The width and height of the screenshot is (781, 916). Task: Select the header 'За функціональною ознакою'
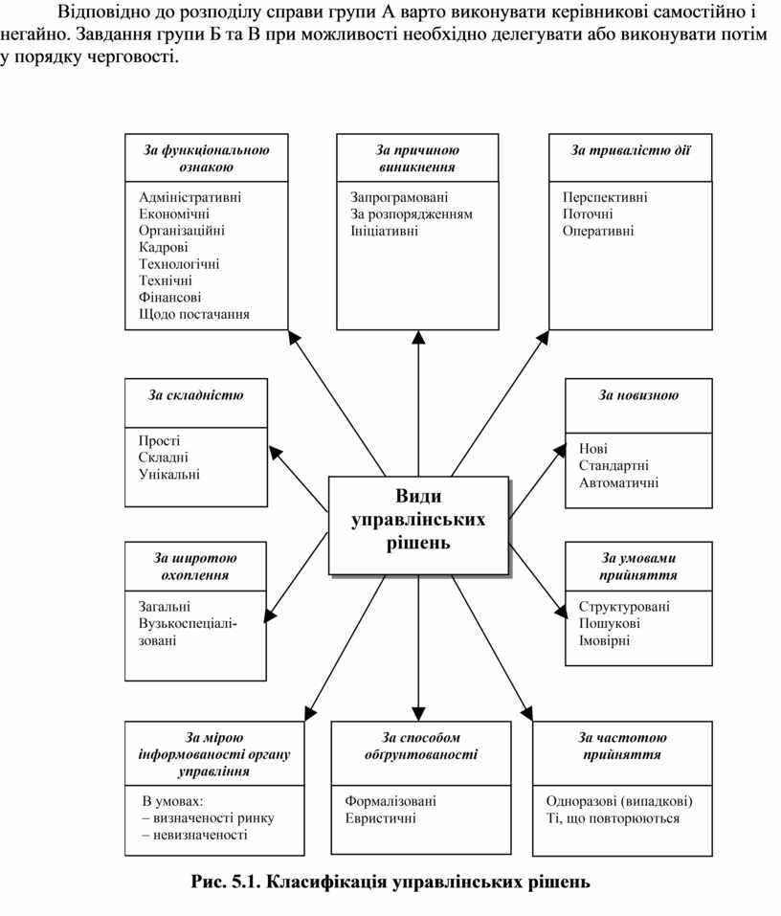tap(206, 158)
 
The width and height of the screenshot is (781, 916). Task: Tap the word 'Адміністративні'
tap(190, 197)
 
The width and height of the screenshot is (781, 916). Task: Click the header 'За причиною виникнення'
tap(417, 158)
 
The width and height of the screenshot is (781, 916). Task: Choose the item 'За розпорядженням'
tap(412, 213)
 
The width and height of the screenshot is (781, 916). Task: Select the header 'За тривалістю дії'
tap(630, 150)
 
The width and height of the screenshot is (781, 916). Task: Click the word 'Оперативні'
tap(598, 231)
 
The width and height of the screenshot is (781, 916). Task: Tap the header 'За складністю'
tap(196, 394)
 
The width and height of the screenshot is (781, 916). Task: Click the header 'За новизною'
tap(638, 394)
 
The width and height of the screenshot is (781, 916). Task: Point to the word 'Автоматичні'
tap(618, 482)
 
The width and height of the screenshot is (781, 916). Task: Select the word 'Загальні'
tap(165, 606)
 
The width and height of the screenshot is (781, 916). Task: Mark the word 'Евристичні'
tap(381, 818)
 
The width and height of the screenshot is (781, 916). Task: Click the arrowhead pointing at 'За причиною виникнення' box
tap(418, 337)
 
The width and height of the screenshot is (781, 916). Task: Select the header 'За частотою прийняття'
tap(622, 746)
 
